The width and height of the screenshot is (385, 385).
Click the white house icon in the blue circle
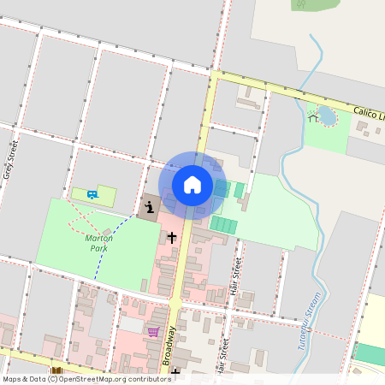click(192, 184)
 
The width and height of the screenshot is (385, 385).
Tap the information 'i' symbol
click(149, 207)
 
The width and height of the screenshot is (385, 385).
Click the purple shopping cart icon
click(153, 332)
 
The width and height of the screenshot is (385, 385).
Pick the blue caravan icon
click(92, 194)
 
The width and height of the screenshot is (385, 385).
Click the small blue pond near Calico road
click(327, 115)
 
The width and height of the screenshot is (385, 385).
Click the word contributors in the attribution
click(145, 379)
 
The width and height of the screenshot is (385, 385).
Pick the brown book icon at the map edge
click(57, 372)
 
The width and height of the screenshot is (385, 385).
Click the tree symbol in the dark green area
click(301, 4)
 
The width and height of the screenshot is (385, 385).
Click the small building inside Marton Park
click(106, 232)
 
